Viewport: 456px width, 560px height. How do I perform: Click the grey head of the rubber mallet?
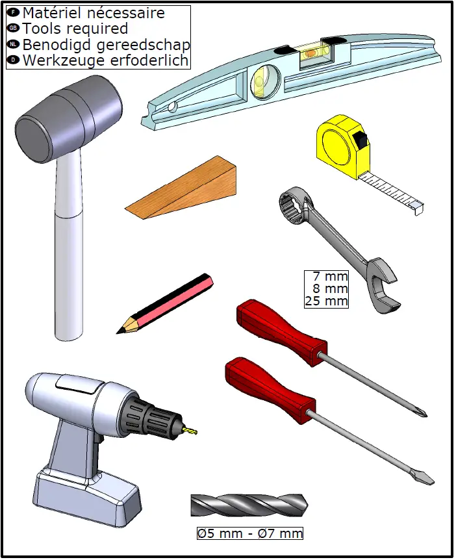coord(68,119)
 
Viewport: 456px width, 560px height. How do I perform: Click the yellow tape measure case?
coord(343,146)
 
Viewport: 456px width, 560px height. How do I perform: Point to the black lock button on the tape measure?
coord(360,139)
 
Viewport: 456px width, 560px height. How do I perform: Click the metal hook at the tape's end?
coord(418,209)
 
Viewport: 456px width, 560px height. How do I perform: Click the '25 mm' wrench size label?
coord(326,301)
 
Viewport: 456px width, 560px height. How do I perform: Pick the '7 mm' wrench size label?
coord(330,277)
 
